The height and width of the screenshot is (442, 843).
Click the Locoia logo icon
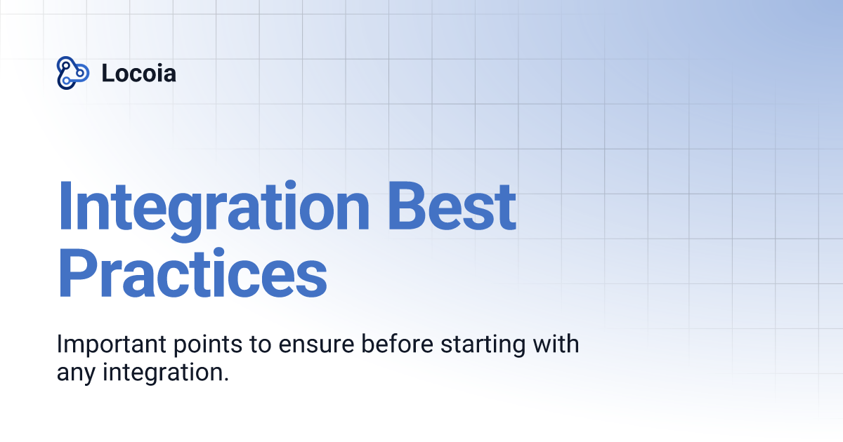click(x=72, y=72)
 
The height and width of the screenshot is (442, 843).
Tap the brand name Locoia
click(x=138, y=73)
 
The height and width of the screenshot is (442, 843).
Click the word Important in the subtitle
click(x=103, y=346)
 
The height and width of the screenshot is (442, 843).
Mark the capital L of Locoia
click(x=107, y=73)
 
